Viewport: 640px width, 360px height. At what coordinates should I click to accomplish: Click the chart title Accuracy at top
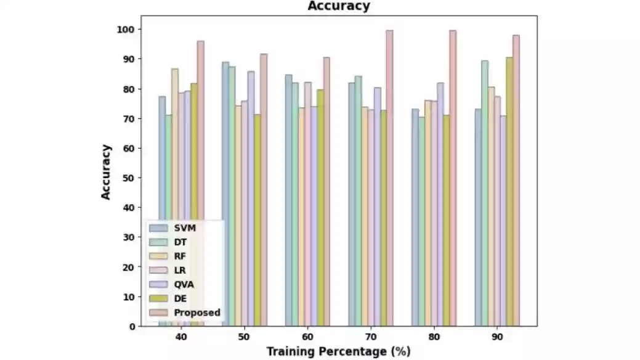tap(339, 6)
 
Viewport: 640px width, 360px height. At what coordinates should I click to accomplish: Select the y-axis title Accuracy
tap(107, 171)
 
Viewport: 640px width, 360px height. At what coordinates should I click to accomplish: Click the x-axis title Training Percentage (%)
tap(338, 351)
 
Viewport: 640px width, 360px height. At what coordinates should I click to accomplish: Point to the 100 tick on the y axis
tap(131, 29)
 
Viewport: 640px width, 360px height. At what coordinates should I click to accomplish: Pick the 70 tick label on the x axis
tap(370, 338)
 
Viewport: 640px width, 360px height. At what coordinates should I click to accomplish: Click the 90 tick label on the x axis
tap(496, 338)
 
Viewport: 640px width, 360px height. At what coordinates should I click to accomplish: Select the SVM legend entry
tap(185, 228)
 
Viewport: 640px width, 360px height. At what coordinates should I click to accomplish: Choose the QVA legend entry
tap(185, 284)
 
